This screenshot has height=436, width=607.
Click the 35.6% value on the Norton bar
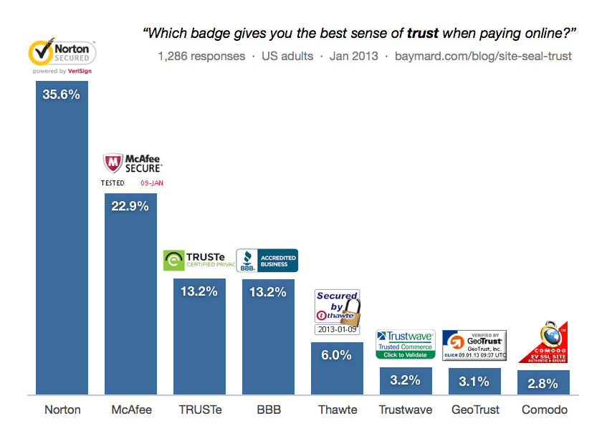click(x=62, y=94)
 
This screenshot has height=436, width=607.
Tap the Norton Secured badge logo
click(x=62, y=57)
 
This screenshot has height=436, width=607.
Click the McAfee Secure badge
click(x=132, y=170)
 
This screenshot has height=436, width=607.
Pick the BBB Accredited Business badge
click(x=267, y=261)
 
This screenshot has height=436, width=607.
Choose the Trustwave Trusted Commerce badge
click(x=406, y=344)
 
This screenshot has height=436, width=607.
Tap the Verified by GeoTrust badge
click(x=474, y=344)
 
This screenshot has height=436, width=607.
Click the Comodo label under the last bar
click(x=545, y=410)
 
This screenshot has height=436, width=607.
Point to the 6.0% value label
click(x=337, y=355)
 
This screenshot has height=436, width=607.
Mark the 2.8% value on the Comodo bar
click(x=543, y=383)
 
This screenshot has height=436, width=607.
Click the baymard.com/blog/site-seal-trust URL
click(x=483, y=56)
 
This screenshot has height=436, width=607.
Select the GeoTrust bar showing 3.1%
click(x=474, y=381)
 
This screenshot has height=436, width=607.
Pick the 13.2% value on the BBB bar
click(x=268, y=292)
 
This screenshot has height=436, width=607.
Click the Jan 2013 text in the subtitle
click(x=353, y=56)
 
